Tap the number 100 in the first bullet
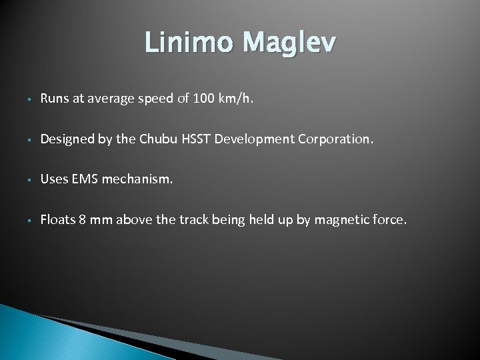click(x=203, y=99)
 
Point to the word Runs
click(x=53, y=99)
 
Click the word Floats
click(x=56, y=219)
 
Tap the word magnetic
click(x=342, y=219)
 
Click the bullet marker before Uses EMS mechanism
click(x=23, y=180)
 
